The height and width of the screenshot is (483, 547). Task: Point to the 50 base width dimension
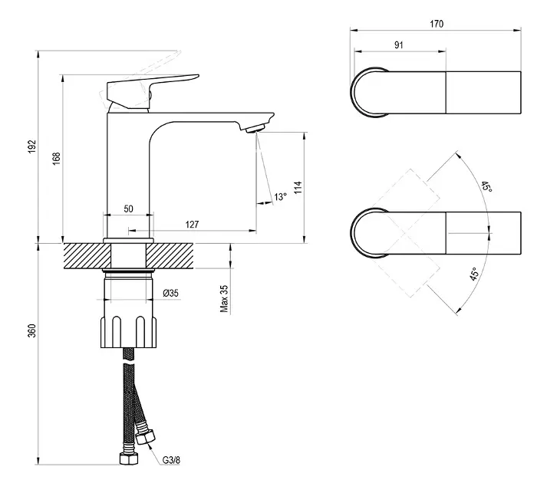tap(128, 209)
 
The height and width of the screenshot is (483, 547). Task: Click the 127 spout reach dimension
tap(192, 225)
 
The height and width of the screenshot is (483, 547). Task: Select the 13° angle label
tap(281, 197)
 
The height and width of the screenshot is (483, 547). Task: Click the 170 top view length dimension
tap(437, 25)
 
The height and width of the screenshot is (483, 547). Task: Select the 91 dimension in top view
tap(399, 44)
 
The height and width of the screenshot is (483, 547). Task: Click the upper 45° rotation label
tap(486, 188)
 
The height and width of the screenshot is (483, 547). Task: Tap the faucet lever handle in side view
tap(153, 86)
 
